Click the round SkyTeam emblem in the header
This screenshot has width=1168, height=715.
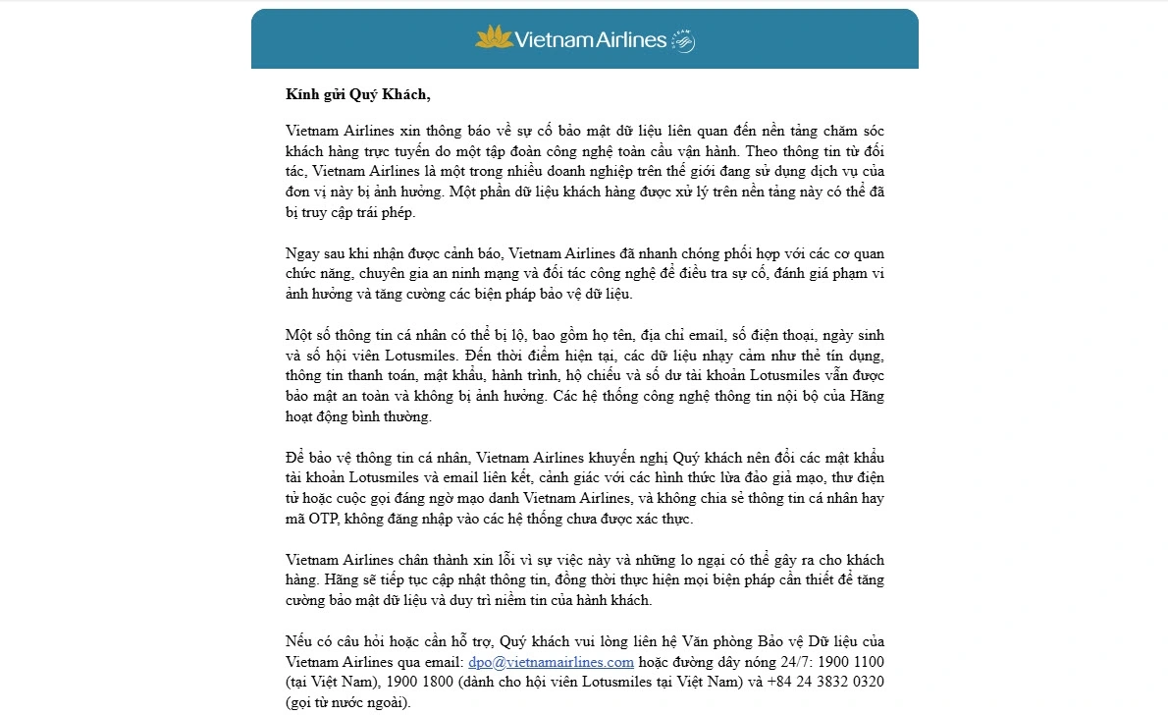(683, 41)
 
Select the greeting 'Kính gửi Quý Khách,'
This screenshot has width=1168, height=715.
(358, 95)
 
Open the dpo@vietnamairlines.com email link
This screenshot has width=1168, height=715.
(552, 662)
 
